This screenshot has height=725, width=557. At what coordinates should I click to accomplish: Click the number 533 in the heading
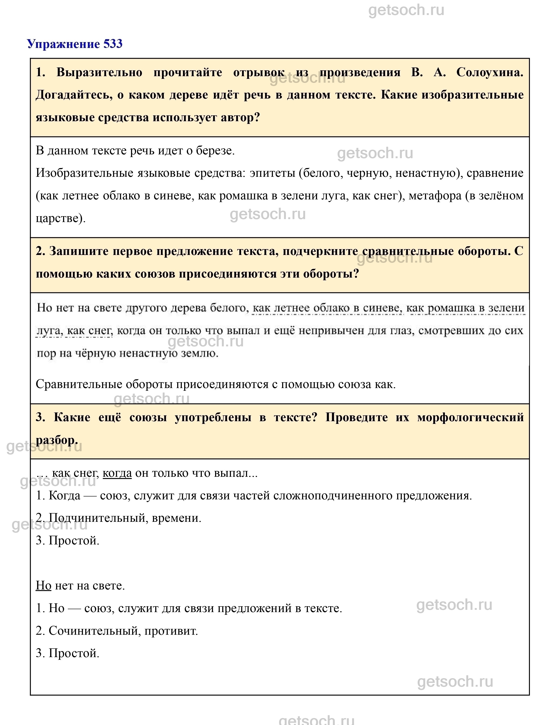point(113,44)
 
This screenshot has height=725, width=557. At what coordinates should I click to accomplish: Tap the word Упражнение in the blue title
point(63,44)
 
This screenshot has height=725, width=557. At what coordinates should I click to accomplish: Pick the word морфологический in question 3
point(470,417)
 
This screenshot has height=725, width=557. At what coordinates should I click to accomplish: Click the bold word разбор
point(56,440)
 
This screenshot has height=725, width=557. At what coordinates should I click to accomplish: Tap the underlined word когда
point(117,473)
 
